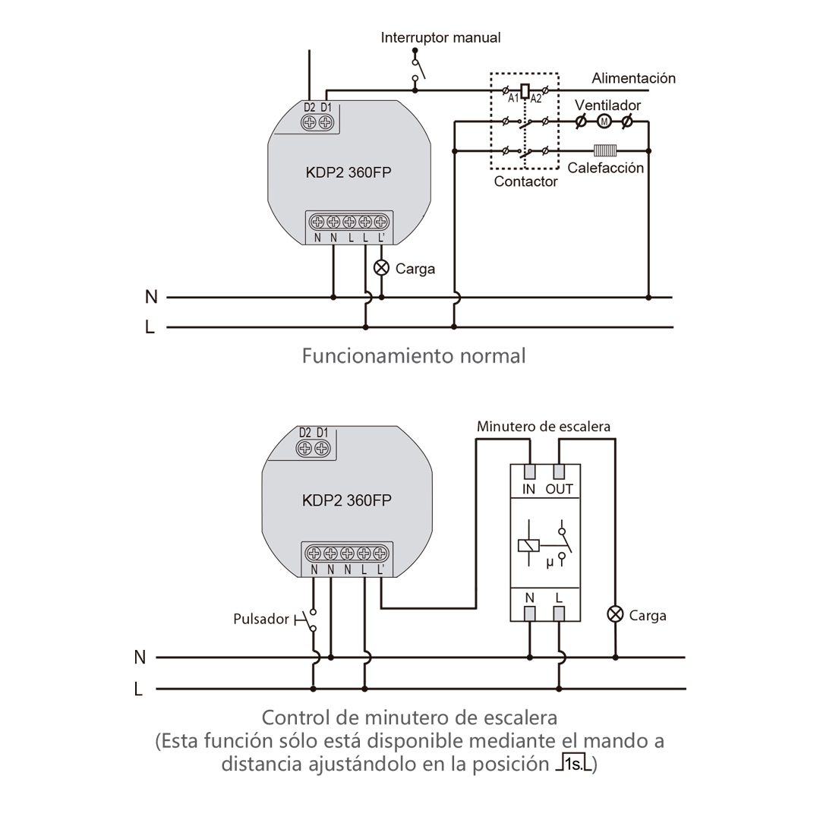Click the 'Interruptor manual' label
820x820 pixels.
440,37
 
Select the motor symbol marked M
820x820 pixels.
604,121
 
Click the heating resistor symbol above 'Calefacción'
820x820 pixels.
604,151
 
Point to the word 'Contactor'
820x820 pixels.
525,182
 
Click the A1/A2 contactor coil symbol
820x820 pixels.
524,90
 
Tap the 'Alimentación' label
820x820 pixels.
633,78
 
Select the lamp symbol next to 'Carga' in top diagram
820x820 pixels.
381,268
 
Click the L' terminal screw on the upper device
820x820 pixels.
380,222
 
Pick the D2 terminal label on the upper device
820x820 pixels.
310,108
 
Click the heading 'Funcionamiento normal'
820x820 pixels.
413,355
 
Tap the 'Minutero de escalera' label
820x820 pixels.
543,427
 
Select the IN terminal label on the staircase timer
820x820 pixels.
529,490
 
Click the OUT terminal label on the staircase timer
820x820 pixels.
560,490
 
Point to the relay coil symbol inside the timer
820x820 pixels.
528,545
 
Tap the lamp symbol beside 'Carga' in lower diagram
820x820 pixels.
616,614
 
